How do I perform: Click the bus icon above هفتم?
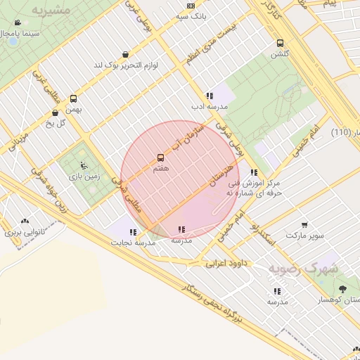click(160, 157)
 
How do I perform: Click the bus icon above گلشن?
click(281, 43)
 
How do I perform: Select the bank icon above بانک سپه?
click(191, 6)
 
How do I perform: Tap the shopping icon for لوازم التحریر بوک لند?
click(125, 54)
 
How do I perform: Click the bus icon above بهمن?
click(74, 99)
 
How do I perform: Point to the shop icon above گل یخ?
click(55, 112)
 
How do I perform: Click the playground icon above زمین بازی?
click(84, 166)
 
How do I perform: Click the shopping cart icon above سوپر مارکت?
click(304, 226)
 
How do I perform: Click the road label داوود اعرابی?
click(227, 264)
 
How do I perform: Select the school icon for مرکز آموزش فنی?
click(254, 172)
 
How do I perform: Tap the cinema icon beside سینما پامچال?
click(11, 33)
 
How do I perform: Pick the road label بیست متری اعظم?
click(219, 42)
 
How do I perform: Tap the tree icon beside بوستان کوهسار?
click(342, 289)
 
